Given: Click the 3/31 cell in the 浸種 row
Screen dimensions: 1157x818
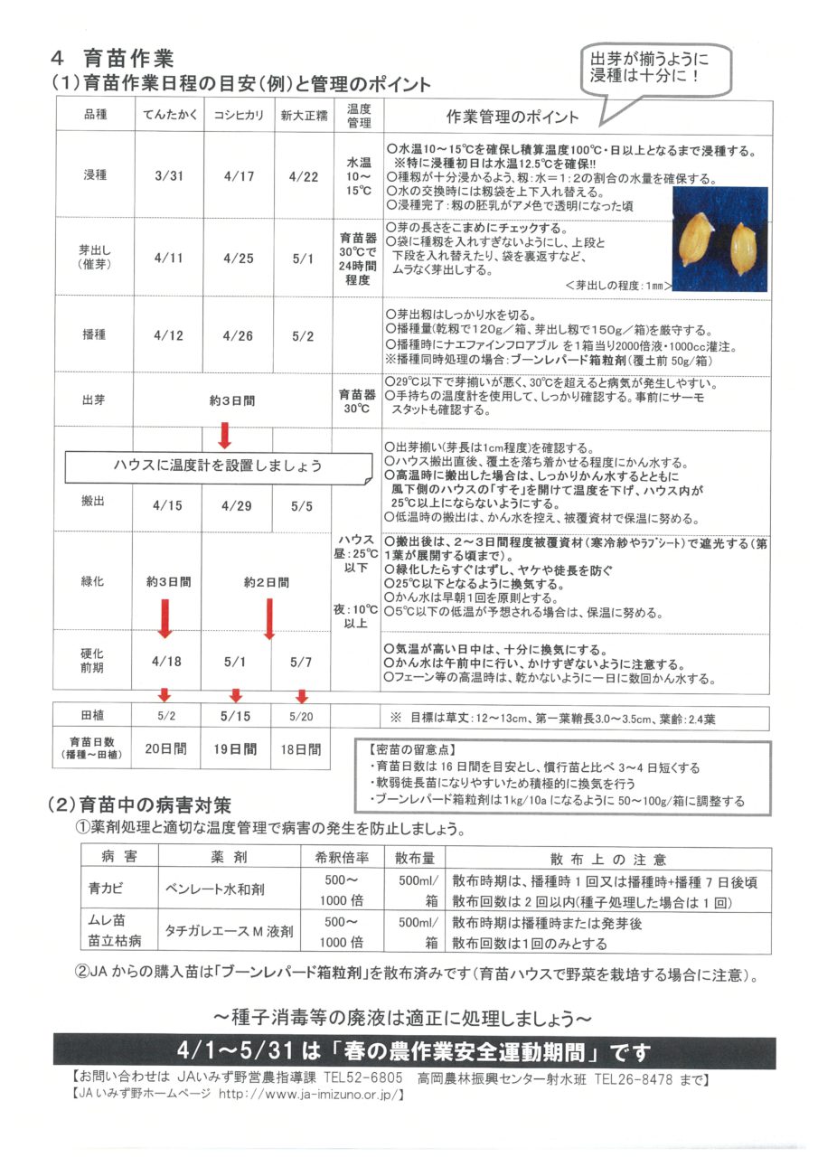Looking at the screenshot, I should [168, 176].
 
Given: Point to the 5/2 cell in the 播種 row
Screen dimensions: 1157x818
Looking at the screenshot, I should [304, 335].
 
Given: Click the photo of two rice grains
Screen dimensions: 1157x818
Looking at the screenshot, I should [724, 240].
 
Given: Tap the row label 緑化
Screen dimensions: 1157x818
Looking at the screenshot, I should [93, 581].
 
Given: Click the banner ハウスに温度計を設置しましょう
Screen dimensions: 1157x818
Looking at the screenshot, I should [217, 466].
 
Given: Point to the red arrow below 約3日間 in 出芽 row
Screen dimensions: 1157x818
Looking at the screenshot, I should [225, 436].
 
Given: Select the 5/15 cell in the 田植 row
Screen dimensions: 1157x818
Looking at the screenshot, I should [238, 716].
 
